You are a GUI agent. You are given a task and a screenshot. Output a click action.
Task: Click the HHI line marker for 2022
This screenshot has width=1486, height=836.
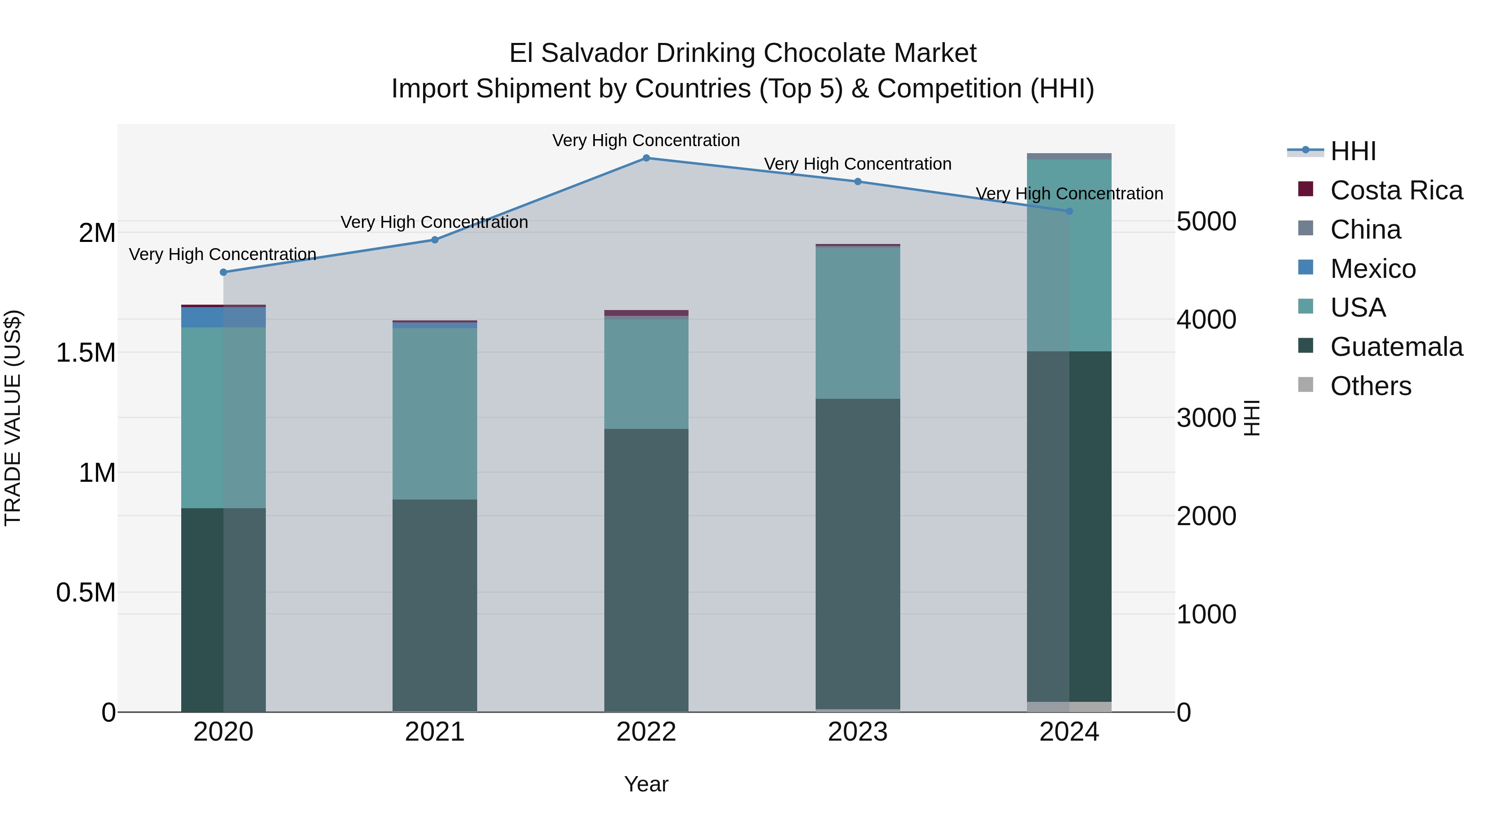[646, 158]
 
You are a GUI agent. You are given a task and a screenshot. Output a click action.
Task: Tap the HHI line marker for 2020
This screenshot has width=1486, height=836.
[223, 272]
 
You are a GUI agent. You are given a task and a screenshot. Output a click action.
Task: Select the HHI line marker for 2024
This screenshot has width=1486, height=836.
[1069, 211]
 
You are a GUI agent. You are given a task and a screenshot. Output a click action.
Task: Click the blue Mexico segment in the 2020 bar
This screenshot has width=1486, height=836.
[223, 317]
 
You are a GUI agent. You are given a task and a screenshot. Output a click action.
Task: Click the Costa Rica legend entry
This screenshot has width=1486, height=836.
[1396, 190]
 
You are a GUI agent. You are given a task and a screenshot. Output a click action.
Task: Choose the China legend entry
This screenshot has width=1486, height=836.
[1365, 230]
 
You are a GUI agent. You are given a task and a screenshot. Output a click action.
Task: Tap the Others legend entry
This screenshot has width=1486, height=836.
[1370, 386]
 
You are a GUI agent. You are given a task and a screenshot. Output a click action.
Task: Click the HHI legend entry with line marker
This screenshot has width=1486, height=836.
[1353, 151]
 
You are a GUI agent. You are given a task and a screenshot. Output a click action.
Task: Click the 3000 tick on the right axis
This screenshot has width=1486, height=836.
[1206, 418]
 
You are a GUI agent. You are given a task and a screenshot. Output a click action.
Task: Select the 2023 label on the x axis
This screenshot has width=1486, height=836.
[857, 732]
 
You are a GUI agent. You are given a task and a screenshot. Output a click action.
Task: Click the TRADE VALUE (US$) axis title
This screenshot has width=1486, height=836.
[13, 418]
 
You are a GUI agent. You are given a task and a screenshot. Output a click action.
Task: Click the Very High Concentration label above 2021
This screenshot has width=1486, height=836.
[434, 222]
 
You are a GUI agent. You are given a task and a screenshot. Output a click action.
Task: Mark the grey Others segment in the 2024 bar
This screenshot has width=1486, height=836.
[1069, 707]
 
